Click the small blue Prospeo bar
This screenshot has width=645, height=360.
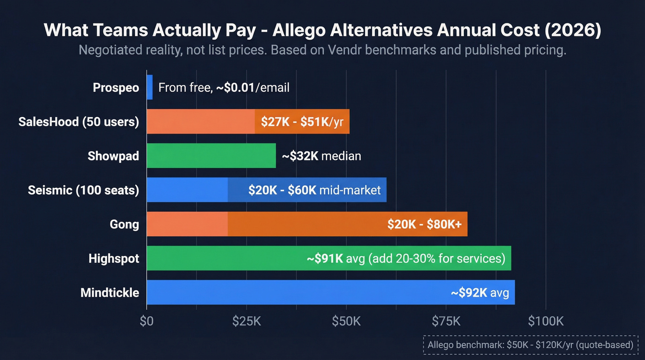(x=150, y=87)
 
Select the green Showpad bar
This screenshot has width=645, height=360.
(x=211, y=156)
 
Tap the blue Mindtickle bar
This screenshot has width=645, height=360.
(x=295, y=292)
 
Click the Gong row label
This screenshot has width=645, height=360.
(x=124, y=224)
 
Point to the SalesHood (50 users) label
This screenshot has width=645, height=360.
(x=78, y=122)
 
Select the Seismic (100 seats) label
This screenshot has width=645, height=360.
(x=83, y=190)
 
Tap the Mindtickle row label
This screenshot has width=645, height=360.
(x=110, y=292)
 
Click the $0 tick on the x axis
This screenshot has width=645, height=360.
(x=147, y=321)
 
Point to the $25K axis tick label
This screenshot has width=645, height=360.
(x=246, y=321)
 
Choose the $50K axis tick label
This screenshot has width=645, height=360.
(x=346, y=321)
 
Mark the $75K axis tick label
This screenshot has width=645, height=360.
(x=446, y=321)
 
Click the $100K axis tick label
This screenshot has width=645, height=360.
(x=545, y=321)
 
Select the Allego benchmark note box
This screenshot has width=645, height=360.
(x=531, y=345)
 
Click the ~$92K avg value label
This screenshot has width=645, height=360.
(x=480, y=293)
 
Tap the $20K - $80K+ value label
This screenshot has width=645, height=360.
(x=427, y=224)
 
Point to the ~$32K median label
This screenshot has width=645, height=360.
(x=321, y=156)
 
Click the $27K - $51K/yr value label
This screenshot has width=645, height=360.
(x=302, y=122)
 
